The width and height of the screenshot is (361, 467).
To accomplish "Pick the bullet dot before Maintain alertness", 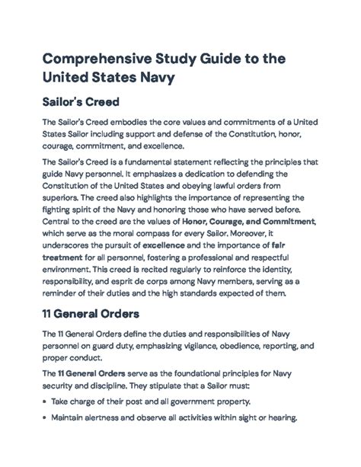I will coord(46,417).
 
